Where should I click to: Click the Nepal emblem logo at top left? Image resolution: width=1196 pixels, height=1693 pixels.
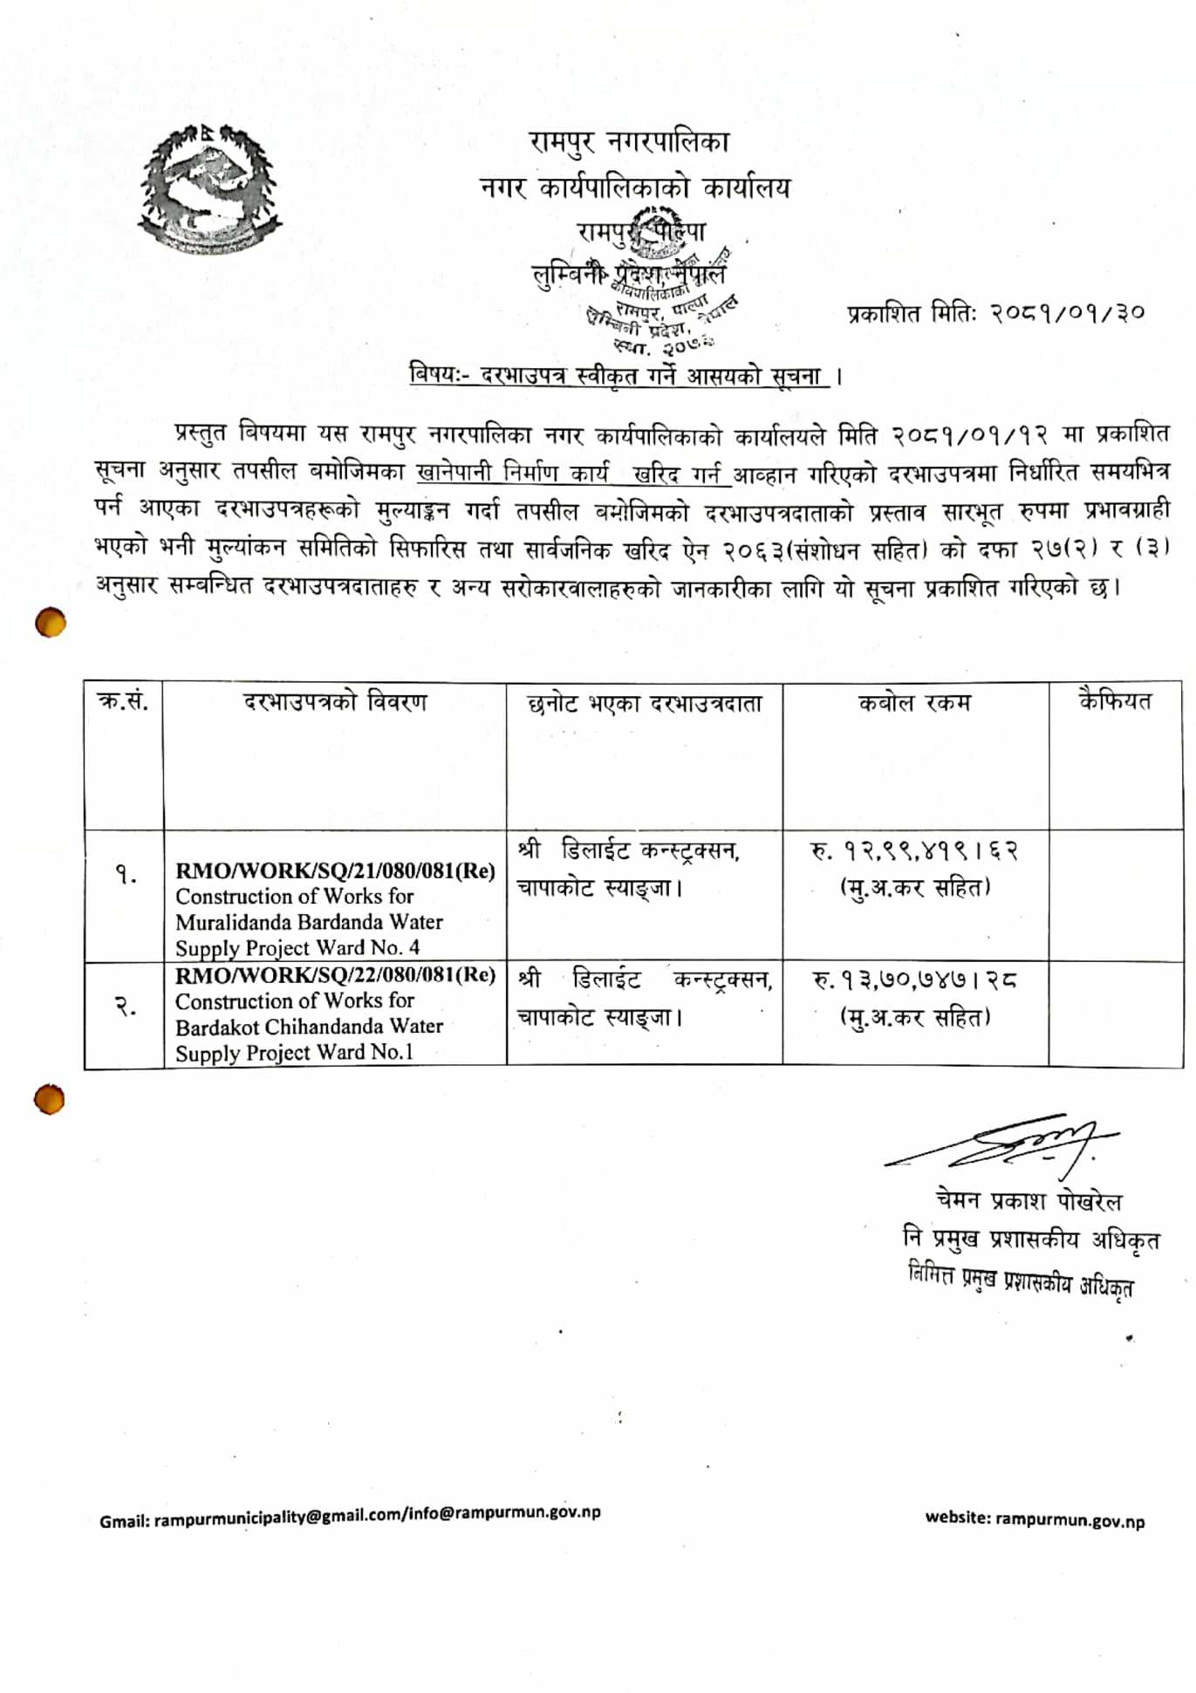209,189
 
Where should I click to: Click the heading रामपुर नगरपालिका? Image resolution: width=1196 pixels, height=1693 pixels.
628,142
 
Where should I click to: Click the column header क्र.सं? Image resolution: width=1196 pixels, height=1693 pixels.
123,701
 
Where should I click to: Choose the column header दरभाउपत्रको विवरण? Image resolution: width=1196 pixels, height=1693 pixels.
335,702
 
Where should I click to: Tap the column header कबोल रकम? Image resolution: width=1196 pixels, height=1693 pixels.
914,703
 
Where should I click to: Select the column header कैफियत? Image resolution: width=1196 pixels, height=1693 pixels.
1115,701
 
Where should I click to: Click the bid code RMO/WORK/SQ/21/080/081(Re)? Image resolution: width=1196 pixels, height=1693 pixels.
335,870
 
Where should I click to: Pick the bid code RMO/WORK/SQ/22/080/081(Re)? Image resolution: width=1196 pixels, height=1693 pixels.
335,974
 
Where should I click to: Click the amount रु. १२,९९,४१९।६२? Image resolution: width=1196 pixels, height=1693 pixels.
914,850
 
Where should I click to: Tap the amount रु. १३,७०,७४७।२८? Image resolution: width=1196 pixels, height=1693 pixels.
914,980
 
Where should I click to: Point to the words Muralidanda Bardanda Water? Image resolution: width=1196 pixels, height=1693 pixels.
309,922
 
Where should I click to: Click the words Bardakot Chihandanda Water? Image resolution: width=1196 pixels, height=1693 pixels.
309,1027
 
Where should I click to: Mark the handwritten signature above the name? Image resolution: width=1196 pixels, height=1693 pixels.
1012,1142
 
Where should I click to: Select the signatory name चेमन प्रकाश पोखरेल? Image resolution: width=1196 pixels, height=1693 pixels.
1029,1201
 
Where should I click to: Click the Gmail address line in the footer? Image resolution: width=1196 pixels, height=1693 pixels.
350,1515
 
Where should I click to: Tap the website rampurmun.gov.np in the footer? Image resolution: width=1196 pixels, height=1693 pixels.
1035,1519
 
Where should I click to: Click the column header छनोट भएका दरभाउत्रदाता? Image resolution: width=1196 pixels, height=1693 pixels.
645,704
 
